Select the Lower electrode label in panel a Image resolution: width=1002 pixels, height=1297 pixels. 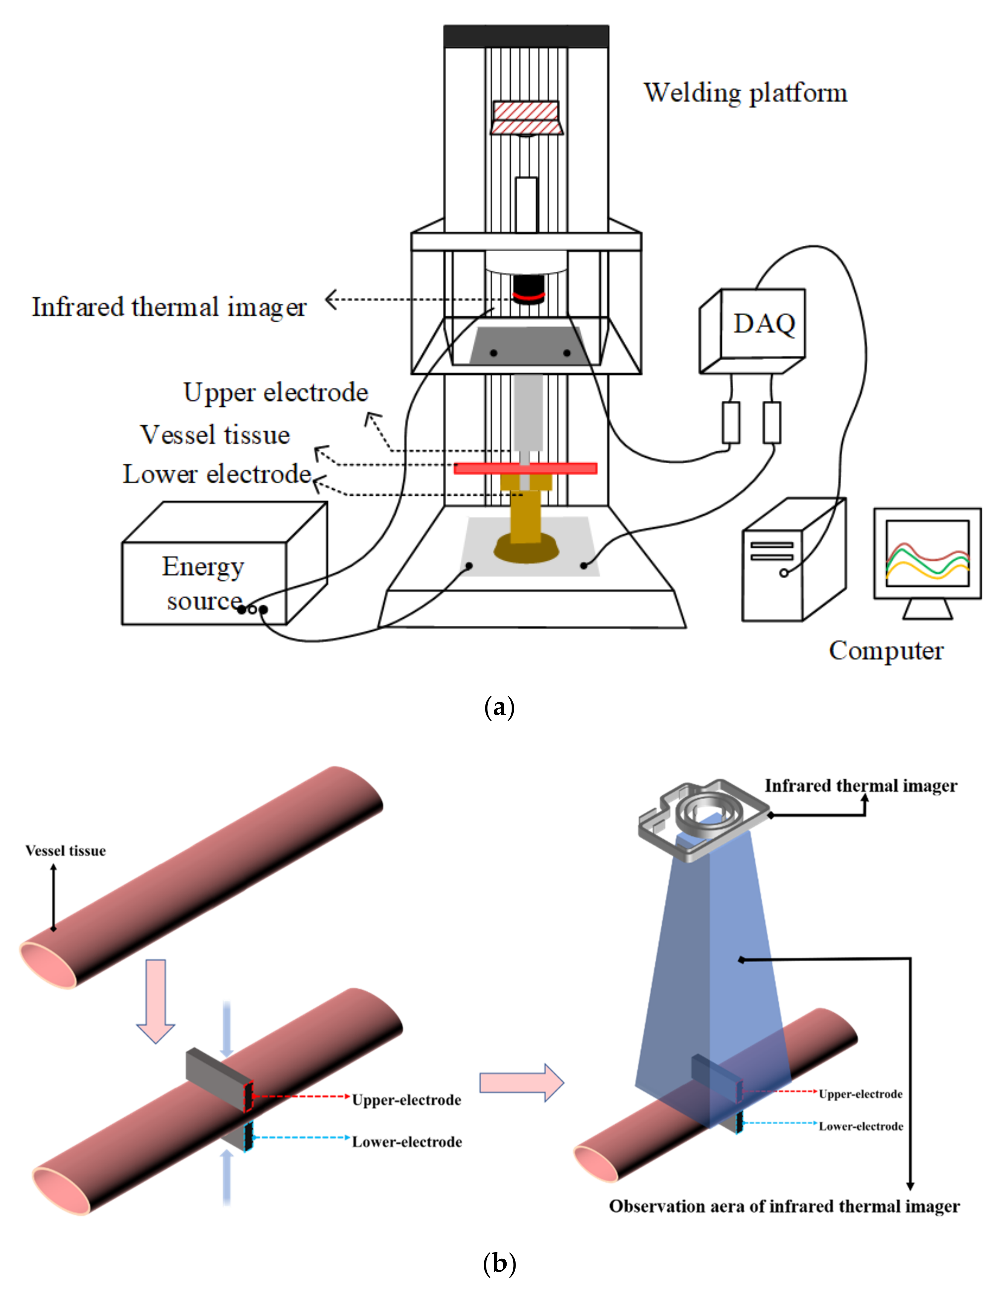217,474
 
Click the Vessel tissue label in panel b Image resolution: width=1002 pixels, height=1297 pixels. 65,851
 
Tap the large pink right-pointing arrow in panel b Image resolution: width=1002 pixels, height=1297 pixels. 520,1082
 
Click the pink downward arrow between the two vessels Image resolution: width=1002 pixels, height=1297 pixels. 156,1001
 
